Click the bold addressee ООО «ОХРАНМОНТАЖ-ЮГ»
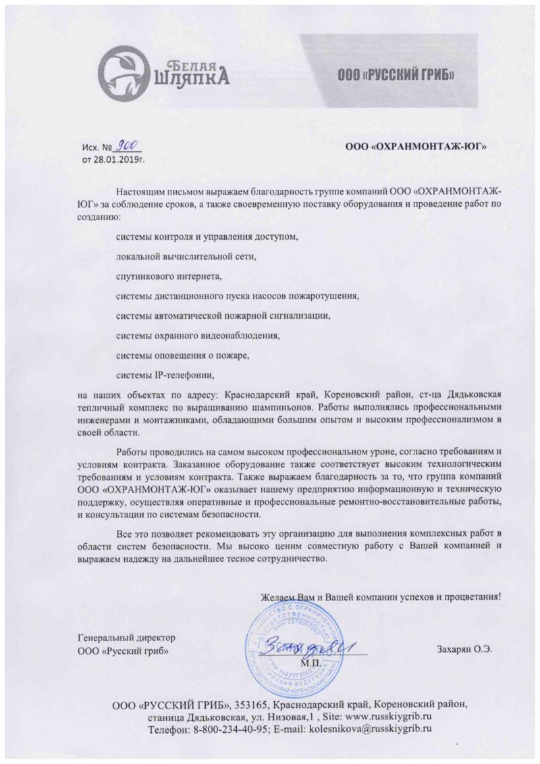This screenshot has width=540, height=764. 416,145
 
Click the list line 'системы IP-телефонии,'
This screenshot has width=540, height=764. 169,374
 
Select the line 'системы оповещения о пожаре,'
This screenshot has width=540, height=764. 183,354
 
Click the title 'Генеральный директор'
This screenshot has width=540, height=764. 127,637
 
